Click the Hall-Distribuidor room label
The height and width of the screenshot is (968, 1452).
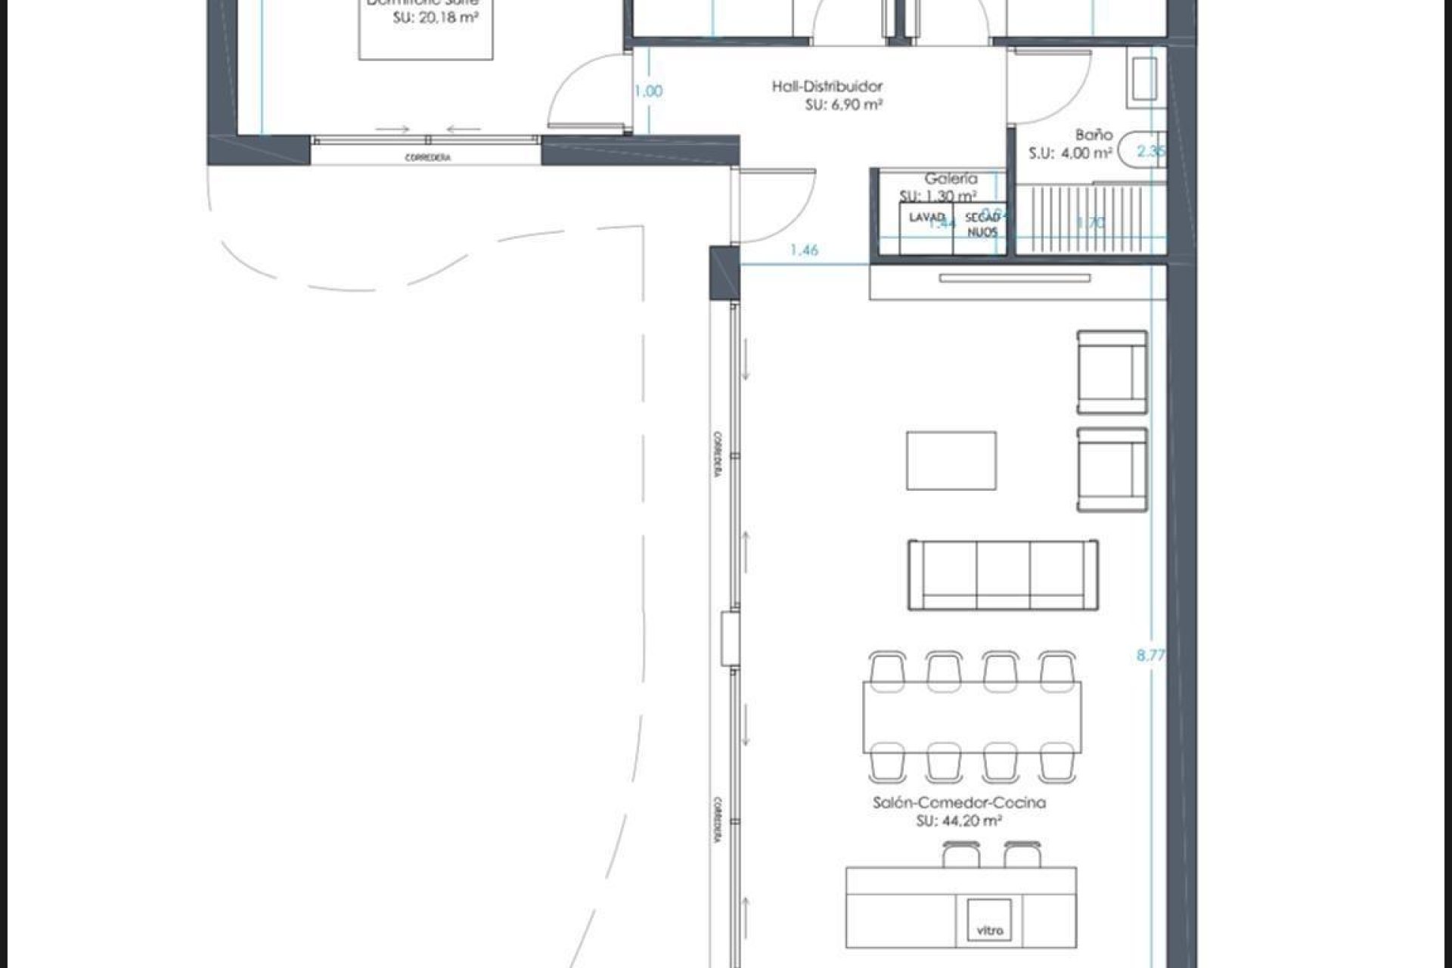(x=827, y=86)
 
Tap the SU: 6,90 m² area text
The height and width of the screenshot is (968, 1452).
(x=844, y=105)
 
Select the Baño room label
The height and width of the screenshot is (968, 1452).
(x=1094, y=135)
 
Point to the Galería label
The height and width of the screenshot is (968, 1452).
(x=951, y=178)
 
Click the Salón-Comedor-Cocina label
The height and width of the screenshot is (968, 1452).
(x=959, y=802)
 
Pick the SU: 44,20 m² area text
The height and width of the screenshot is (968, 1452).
(x=959, y=821)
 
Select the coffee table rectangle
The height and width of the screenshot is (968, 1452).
(x=951, y=461)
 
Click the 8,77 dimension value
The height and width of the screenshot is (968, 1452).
(x=1150, y=656)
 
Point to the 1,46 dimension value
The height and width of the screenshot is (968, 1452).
(x=804, y=250)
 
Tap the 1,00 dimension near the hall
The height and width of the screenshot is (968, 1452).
(x=648, y=91)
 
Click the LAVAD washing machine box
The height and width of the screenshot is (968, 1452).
(x=926, y=228)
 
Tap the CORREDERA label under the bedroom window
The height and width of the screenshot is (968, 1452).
(x=428, y=158)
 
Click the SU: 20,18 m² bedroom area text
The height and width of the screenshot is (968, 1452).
(x=435, y=17)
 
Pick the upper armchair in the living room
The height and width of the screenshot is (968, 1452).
(x=1112, y=372)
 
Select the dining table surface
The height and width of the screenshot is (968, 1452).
(x=972, y=717)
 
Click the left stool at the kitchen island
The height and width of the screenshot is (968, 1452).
(x=961, y=855)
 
